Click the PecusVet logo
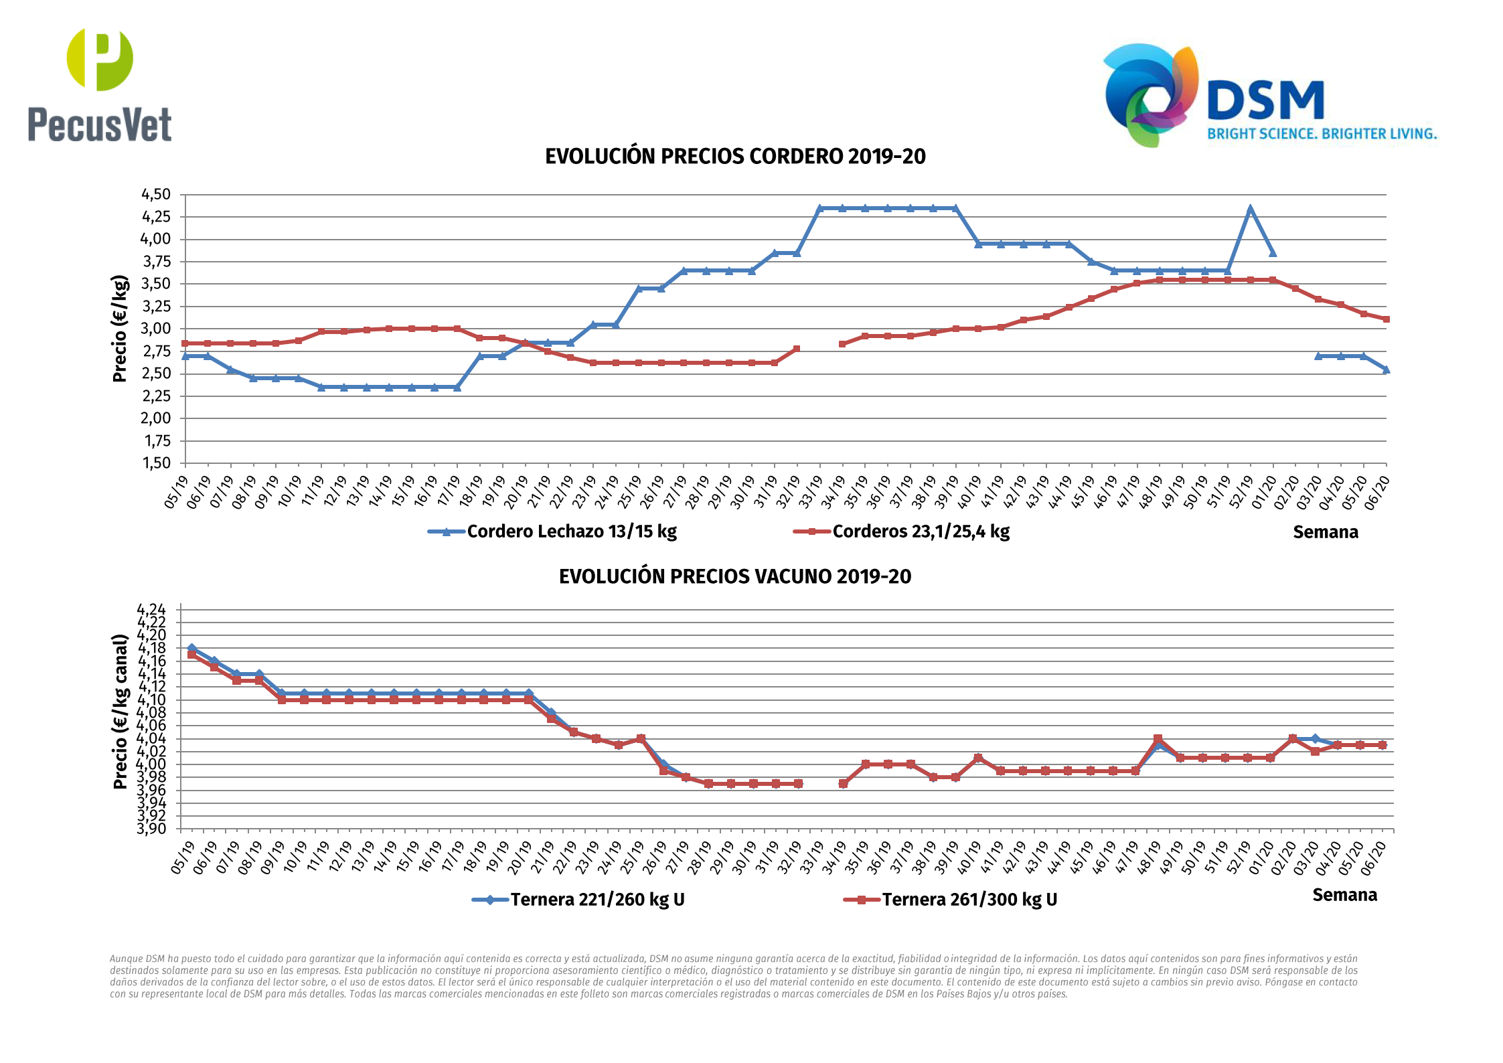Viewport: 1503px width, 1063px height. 100,85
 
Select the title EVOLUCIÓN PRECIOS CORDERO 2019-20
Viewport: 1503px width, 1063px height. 734,157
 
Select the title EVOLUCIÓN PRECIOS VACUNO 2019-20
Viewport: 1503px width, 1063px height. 734,576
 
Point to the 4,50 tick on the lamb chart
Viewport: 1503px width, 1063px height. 155,195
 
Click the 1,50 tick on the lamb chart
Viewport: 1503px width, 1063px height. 155,463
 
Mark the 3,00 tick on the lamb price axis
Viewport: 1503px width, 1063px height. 155,329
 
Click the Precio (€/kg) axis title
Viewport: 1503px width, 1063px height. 120,329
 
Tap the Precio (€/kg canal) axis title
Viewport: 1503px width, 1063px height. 121,712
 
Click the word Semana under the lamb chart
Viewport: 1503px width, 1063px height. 1325,533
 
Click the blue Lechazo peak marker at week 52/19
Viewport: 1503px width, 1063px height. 1250,209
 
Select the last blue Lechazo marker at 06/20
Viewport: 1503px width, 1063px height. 1386,370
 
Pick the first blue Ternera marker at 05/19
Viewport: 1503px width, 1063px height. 191,648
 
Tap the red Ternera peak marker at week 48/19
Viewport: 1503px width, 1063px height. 1158,738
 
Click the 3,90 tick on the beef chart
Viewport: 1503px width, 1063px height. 151,829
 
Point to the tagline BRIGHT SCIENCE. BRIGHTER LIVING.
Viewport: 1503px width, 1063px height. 1322,134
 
